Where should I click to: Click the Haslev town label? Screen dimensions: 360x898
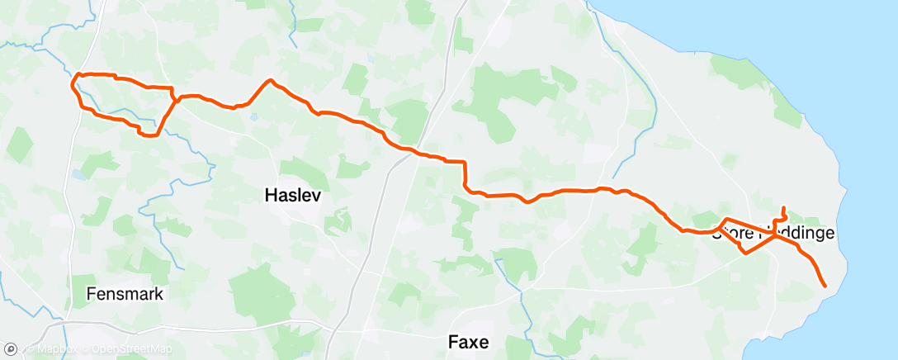tap(292, 196)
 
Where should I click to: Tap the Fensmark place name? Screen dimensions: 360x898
tap(125, 294)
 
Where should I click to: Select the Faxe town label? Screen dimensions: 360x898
tap(468, 341)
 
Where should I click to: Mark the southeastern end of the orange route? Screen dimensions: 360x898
tap(825, 286)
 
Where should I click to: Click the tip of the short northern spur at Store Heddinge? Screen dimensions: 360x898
tap(782, 207)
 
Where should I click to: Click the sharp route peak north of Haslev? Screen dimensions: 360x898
tap(269, 80)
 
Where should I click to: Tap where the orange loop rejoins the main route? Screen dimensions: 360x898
tap(175, 99)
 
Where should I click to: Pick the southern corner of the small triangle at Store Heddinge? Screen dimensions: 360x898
tap(745, 253)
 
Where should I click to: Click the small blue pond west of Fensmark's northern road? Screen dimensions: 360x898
tap(78, 174)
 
